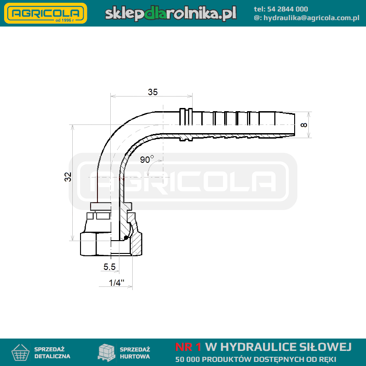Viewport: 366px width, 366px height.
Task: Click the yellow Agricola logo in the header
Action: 45,13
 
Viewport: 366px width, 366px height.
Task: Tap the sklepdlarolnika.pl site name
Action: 171,13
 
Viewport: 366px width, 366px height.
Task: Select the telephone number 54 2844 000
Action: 287,9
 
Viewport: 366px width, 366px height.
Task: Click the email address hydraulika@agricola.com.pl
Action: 312,18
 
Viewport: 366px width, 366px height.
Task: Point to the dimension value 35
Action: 153,92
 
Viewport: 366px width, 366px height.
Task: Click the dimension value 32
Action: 68,177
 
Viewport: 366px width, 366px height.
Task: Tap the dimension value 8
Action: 304,125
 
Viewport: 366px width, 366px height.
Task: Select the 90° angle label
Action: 147,159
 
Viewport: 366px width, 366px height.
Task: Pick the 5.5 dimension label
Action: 109,267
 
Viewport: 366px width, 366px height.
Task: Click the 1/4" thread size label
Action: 117,282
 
